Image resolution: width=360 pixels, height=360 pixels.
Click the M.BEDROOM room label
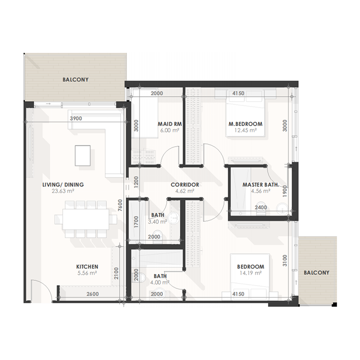click(x=245, y=124)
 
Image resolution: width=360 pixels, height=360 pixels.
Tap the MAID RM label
click(x=170, y=124)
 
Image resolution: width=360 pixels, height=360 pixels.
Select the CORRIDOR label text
click(x=185, y=184)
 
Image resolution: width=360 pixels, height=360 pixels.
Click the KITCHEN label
click(x=87, y=267)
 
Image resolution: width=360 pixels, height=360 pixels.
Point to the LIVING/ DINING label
click(x=63, y=184)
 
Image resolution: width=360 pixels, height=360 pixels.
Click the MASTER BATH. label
click(x=261, y=184)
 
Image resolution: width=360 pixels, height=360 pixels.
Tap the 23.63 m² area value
click(x=63, y=191)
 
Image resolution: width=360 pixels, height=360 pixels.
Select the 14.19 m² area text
click(x=250, y=273)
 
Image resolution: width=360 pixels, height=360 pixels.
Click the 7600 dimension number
click(x=120, y=206)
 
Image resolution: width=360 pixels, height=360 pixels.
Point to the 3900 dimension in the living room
click(x=76, y=118)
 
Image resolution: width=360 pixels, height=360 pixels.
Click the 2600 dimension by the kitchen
click(x=93, y=294)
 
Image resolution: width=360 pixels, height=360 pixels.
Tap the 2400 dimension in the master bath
click(x=261, y=207)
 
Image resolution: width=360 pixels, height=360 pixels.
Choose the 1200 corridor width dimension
click(x=136, y=183)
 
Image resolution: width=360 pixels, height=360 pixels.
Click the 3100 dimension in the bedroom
click(x=285, y=261)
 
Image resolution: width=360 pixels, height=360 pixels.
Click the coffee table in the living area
click(x=83, y=155)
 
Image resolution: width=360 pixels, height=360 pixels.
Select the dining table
click(x=85, y=219)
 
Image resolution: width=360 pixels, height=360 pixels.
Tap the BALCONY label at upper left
click(x=76, y=80)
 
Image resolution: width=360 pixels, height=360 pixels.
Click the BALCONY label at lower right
click(x=317, y=273)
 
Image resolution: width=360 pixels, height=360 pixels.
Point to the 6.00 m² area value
click(x=170, y=130)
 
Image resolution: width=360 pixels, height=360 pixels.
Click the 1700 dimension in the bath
click(x=136, y=222)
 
